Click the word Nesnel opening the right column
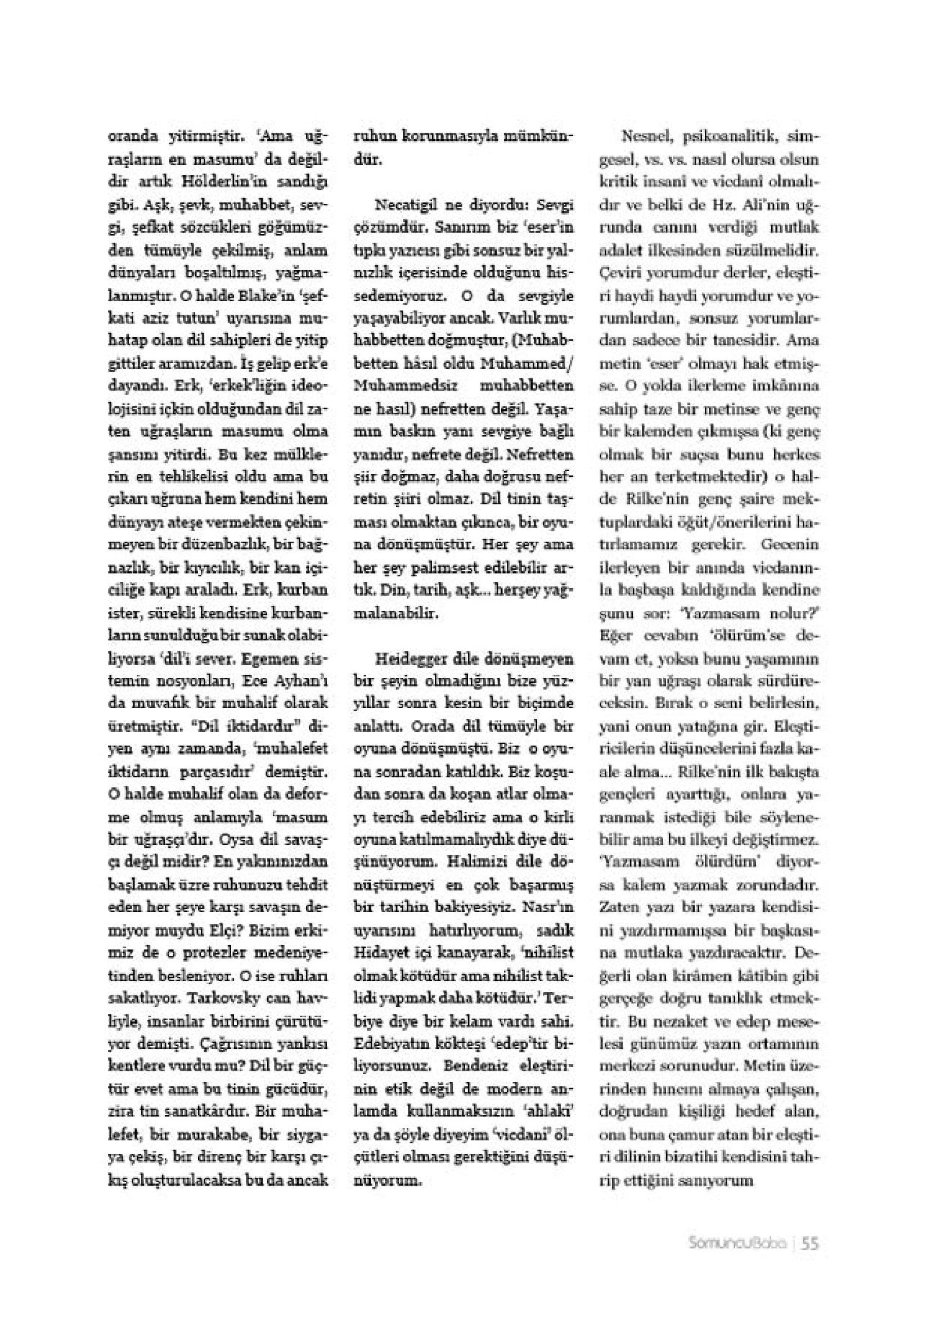pyautogui.click(x=645, y=135)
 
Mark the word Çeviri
pyautogui.click(x=620, y=273)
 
